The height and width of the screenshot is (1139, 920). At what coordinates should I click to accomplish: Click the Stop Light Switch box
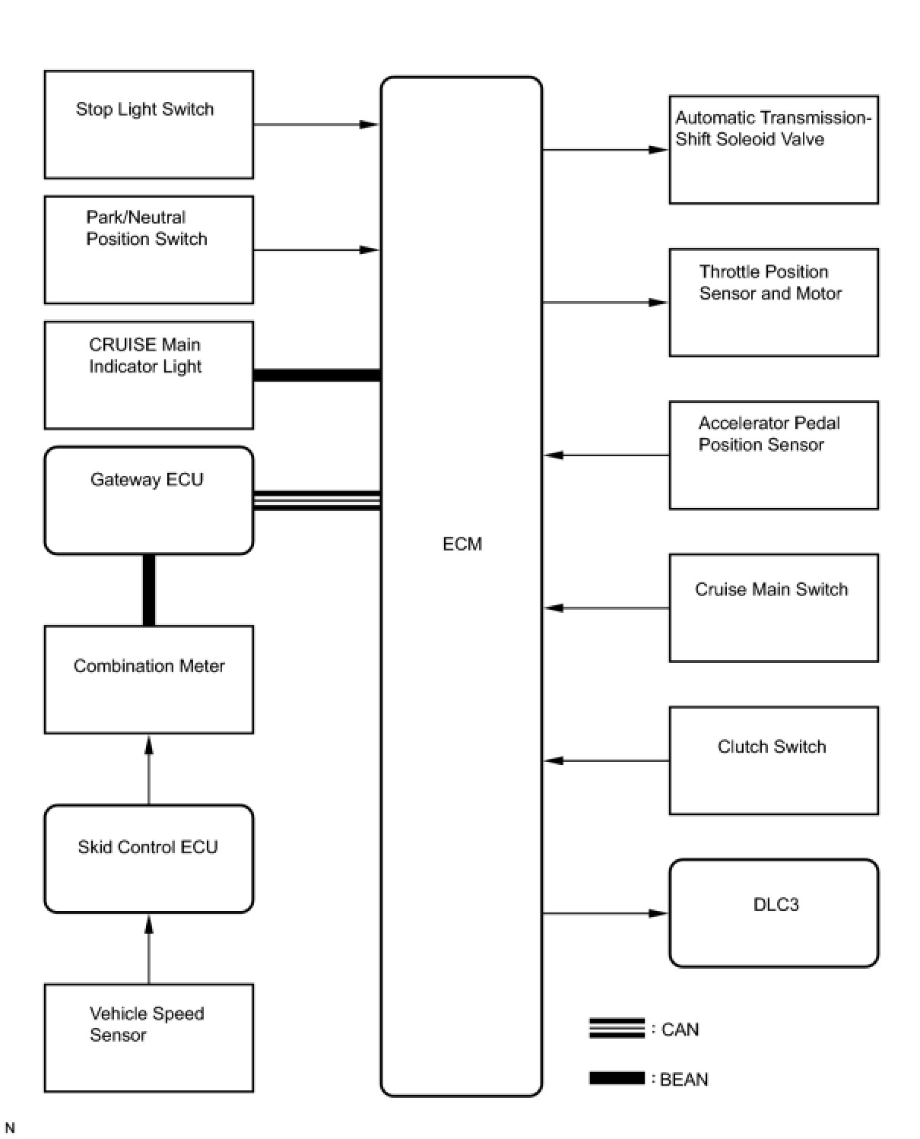(148, 125)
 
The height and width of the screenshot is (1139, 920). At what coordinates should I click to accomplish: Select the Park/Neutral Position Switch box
(148, 250)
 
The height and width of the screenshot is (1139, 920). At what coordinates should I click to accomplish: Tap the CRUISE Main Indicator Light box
(148, 375)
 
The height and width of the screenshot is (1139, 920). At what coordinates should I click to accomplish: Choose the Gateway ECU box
(148, 500)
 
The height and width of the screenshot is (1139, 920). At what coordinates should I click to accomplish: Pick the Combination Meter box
(148, 679)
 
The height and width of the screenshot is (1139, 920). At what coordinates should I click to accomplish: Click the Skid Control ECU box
(148, 858)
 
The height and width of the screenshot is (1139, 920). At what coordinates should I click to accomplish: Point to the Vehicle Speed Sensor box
(148, 1038)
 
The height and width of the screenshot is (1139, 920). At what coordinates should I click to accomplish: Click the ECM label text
(462, 544)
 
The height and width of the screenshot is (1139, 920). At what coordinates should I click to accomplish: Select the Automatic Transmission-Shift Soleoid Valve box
(773, 150)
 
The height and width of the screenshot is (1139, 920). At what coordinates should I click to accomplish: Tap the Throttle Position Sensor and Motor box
(773, 303)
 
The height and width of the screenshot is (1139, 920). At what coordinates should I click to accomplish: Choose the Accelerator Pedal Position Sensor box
(773, 455)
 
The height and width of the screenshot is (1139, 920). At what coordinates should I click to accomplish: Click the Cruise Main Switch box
(773, 608)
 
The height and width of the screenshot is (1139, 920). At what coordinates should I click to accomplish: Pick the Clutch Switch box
(773, 760)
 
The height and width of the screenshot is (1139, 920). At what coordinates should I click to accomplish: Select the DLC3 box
(773, 913)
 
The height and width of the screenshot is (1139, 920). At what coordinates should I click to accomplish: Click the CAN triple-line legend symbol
(617, 1029)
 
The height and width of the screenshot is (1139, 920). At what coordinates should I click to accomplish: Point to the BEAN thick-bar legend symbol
(617, 1078)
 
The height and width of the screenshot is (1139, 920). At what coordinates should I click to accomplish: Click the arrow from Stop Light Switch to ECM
(316, 125)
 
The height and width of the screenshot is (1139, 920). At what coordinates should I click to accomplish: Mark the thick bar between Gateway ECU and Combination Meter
(149, 590)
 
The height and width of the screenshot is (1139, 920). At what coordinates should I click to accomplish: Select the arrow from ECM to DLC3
(605, 913)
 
